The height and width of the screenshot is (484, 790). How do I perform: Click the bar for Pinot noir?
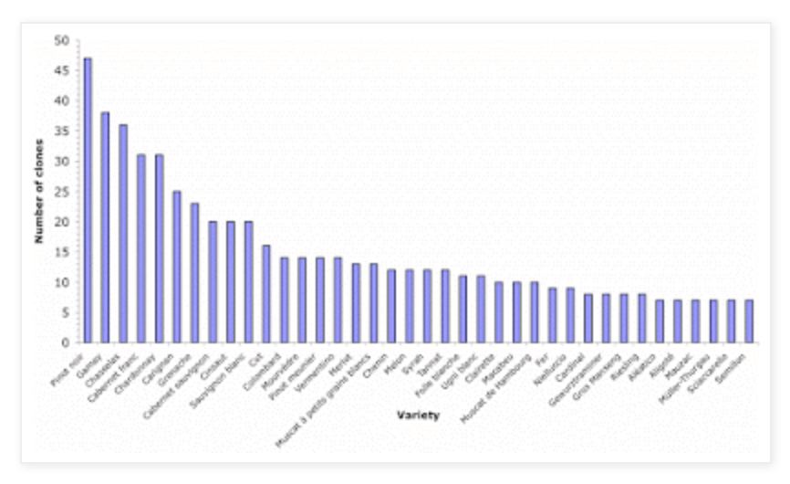tap(88, 200)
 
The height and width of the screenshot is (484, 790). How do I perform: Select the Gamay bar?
tap(105, 227)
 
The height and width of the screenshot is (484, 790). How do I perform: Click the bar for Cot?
tap(266, 293)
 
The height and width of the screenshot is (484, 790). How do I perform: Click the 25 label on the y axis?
tap(62, 192)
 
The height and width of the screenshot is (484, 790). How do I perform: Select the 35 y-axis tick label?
tap(62, 132)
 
